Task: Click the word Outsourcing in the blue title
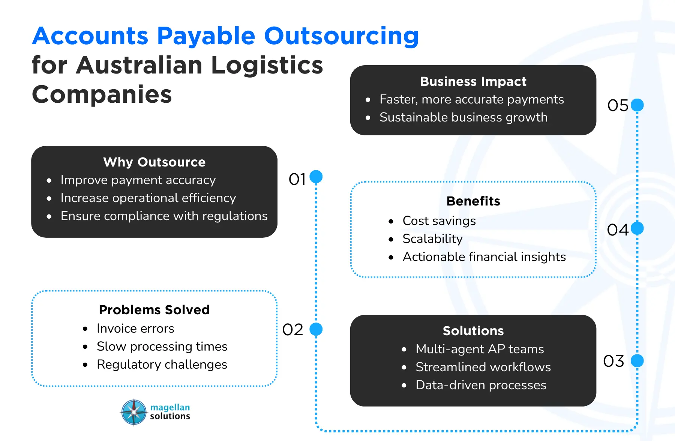click(341, 36)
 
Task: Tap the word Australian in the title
click(139, 65)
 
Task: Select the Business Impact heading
click(473, 81)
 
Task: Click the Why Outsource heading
click(154, 162)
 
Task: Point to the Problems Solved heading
click(154, 310)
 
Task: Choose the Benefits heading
click(473, 201)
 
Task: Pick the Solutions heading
click(473, 331)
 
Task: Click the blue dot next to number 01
click(316, 177)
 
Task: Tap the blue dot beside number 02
click(316, 329)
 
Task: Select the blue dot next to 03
click(637, 361)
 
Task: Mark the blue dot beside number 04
click(637, 228)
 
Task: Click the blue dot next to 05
click(637, 105)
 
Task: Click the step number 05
click(618, 105)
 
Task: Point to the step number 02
click(293, 330)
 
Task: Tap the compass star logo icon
click(134, 412)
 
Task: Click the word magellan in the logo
click(170, 408)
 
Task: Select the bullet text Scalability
click(432, 239)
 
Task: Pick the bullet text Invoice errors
click(135, 328)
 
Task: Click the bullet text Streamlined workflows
click(483, 367)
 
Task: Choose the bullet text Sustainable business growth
click(463, 117)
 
